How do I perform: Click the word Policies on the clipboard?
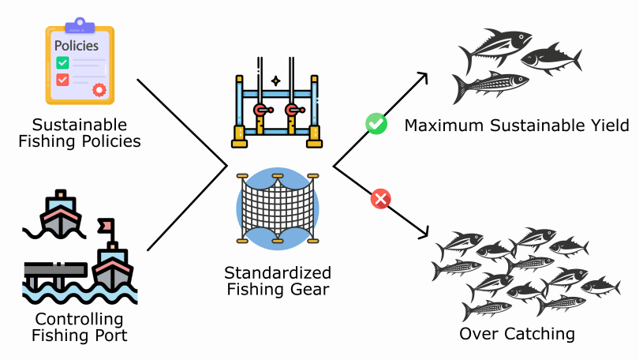coord(77,46)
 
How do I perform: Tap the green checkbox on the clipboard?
coord(62,62)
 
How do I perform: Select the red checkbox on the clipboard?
coord(62,80)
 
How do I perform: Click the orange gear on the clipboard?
coord(99,89)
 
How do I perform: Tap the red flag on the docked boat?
coord(103,227)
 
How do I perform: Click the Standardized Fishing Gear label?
coord(278,280)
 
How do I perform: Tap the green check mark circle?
coord(376,123)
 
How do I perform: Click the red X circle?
coord(381,199)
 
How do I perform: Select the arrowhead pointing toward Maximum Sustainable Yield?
coord(422,78)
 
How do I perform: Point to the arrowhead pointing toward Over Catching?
coord(423,234)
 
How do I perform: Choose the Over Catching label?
coord(517,334)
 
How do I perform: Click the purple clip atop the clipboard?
coord(80,26)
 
